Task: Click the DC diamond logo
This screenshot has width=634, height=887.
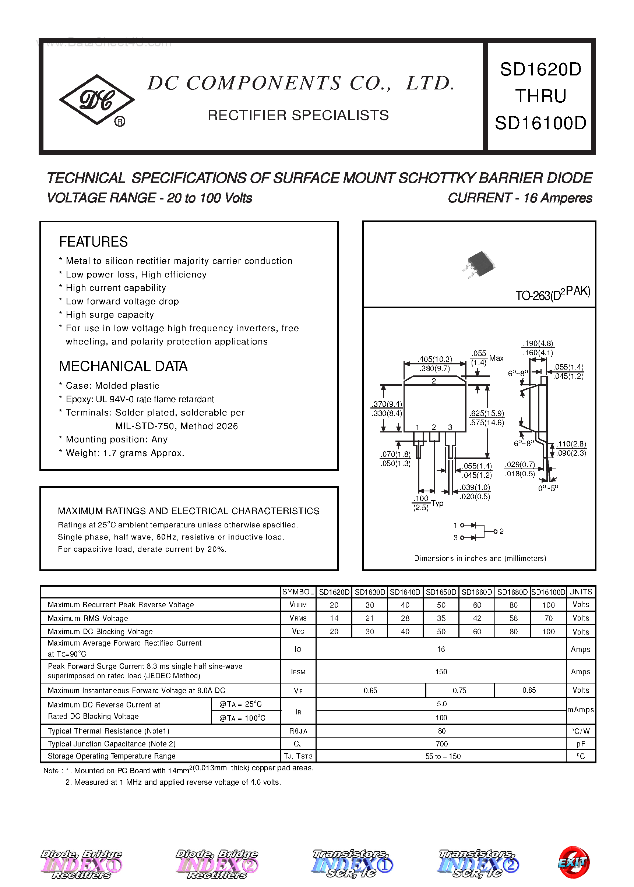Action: tap(96, 100)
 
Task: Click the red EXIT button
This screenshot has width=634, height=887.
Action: tap(573, 863)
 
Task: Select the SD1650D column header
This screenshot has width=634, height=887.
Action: tap(441, 592)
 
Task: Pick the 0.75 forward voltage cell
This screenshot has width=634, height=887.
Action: tap(459, 690)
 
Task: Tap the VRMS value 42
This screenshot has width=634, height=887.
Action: tap(477, 618)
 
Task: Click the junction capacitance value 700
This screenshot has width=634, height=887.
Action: tap(441, 744)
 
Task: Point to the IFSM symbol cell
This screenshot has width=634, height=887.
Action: tap(298, 672)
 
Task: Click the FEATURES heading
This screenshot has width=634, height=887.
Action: tap(93, 242)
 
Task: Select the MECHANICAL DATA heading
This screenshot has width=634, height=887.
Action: tap(123, 367)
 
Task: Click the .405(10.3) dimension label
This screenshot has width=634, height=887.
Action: tap(434, 359)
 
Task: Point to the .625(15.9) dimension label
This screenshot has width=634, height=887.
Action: tap(486, 413)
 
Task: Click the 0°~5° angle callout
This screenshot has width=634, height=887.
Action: tap(548, 488)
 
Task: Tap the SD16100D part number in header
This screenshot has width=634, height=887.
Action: tap(540, 123)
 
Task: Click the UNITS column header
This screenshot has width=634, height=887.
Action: tap(581, 592)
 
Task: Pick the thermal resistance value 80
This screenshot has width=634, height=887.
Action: tap(441, 731)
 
